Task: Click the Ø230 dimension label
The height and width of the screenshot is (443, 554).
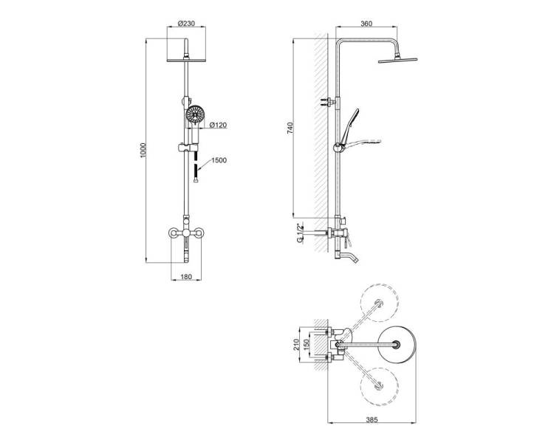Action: pos(186,24)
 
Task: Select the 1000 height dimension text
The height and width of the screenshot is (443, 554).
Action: pos(143,150)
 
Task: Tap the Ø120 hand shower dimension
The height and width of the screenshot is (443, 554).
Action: pos(218,125)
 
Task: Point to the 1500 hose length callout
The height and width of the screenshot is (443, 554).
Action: pos(219,160)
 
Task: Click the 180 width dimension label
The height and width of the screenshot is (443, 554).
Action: pos(186,277)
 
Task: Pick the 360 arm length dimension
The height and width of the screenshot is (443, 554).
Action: pos(366,24)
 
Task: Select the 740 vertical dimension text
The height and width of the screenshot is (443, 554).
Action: pos(290,128)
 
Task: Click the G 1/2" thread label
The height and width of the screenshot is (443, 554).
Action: pos(300,233)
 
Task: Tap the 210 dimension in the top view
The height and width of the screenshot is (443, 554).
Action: pos(296,345)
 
